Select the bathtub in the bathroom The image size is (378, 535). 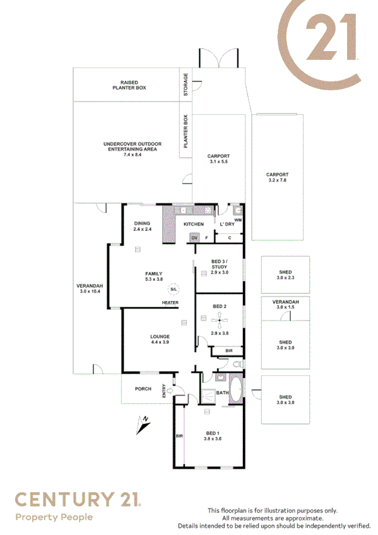point(236,389)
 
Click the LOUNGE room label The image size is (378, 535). point(159,336)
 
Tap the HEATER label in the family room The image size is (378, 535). point(170,303)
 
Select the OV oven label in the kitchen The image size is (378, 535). point(195,237)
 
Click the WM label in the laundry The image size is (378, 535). point(238,219)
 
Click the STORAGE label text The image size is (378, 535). point(186,85)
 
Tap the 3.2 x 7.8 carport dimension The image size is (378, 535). point(277,180)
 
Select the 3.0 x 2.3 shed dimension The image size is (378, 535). point(285,278)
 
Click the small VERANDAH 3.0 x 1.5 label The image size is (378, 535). point(285,305)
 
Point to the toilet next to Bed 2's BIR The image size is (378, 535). point(237,365)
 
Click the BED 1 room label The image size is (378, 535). point(213,433)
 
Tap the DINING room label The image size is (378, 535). point(142,224)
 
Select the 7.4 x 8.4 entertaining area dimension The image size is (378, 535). point(133,155)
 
